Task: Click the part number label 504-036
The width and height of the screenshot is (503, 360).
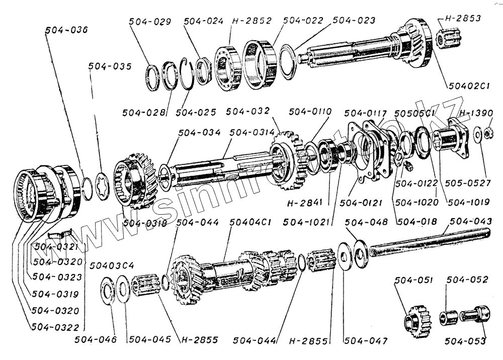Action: point(66,30)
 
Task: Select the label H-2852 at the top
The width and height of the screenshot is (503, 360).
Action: point(251,21)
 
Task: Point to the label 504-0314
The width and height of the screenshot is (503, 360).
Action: point(252,133)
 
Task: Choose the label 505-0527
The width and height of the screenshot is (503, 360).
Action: point(470,184)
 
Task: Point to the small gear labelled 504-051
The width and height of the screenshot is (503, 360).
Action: point(417,319)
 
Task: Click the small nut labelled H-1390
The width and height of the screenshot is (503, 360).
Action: point(487,134)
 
